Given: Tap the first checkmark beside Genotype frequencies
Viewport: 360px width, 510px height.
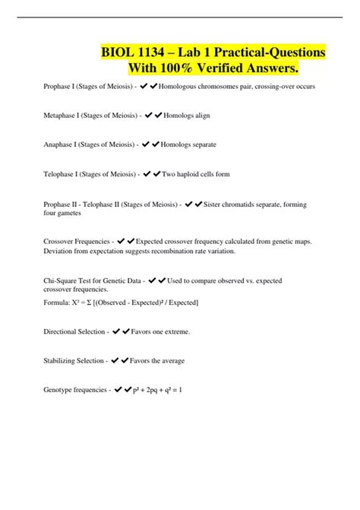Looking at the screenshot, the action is coord(118,390).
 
